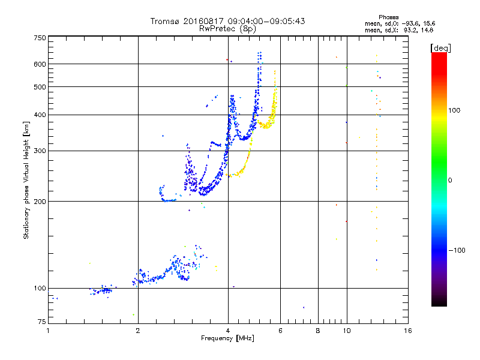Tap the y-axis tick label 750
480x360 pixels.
click(40, 38)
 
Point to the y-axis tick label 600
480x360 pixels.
click(40, 64)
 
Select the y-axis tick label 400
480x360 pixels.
click(40, 115)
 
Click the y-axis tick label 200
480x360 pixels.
click(40, 202)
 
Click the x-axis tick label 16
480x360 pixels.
click(407, 331)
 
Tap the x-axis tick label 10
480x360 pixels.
click(346, 331)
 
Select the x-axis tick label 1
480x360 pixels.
click(48, 331)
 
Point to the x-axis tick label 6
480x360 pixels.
click(280, 331)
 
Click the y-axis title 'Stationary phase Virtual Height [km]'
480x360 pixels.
click(26, 180)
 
